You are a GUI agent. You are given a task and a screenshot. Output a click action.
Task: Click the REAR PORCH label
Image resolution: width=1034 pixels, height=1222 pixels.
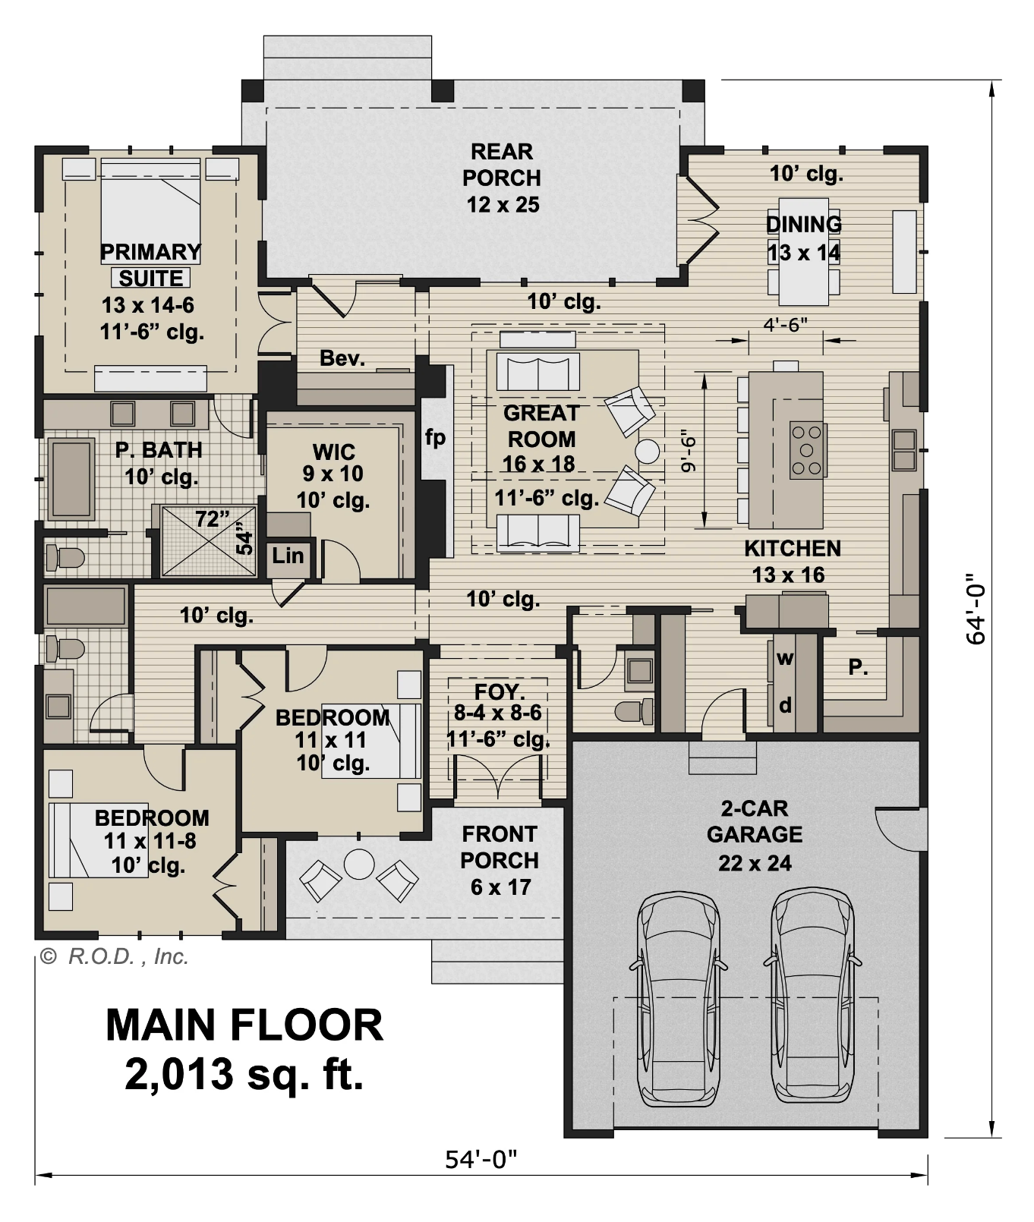point(501,178)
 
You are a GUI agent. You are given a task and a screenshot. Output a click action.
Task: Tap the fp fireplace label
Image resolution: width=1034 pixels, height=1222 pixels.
point(435,438)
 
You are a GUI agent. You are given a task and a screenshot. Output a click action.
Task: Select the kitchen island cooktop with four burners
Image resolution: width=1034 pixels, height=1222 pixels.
point(806,449)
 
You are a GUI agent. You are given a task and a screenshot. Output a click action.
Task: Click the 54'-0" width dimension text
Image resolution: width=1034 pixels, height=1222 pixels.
point(481,1159)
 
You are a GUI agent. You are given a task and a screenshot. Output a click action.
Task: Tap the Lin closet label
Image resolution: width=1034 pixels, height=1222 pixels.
point(288,556)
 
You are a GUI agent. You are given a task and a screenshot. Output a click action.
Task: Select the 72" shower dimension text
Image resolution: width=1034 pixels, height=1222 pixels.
point(212,519)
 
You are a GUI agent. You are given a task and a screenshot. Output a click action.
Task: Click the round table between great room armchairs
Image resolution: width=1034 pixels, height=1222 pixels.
point(648,452)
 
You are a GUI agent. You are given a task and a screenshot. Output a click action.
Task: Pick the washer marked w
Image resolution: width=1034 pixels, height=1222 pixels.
point(784,659)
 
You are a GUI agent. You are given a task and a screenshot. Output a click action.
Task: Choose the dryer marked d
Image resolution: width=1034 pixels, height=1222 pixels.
point(785,706)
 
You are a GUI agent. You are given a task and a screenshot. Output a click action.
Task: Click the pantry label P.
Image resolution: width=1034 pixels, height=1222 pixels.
point(858,667)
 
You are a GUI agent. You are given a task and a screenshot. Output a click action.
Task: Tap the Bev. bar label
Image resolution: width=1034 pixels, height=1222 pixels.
point(342,358)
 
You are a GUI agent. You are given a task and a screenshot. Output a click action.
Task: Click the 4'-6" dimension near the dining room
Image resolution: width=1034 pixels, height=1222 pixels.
point(785,325)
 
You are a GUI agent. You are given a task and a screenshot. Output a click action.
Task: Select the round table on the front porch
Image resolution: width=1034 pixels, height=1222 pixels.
point(358,864)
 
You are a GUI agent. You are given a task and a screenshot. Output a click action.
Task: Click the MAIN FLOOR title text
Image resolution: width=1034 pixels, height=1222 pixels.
point(244,1025)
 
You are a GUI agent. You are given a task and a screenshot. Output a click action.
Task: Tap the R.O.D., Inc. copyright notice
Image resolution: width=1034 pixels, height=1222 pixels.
point(114,956)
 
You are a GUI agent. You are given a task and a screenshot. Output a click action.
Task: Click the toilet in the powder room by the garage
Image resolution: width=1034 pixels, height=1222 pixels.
point(633,712)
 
